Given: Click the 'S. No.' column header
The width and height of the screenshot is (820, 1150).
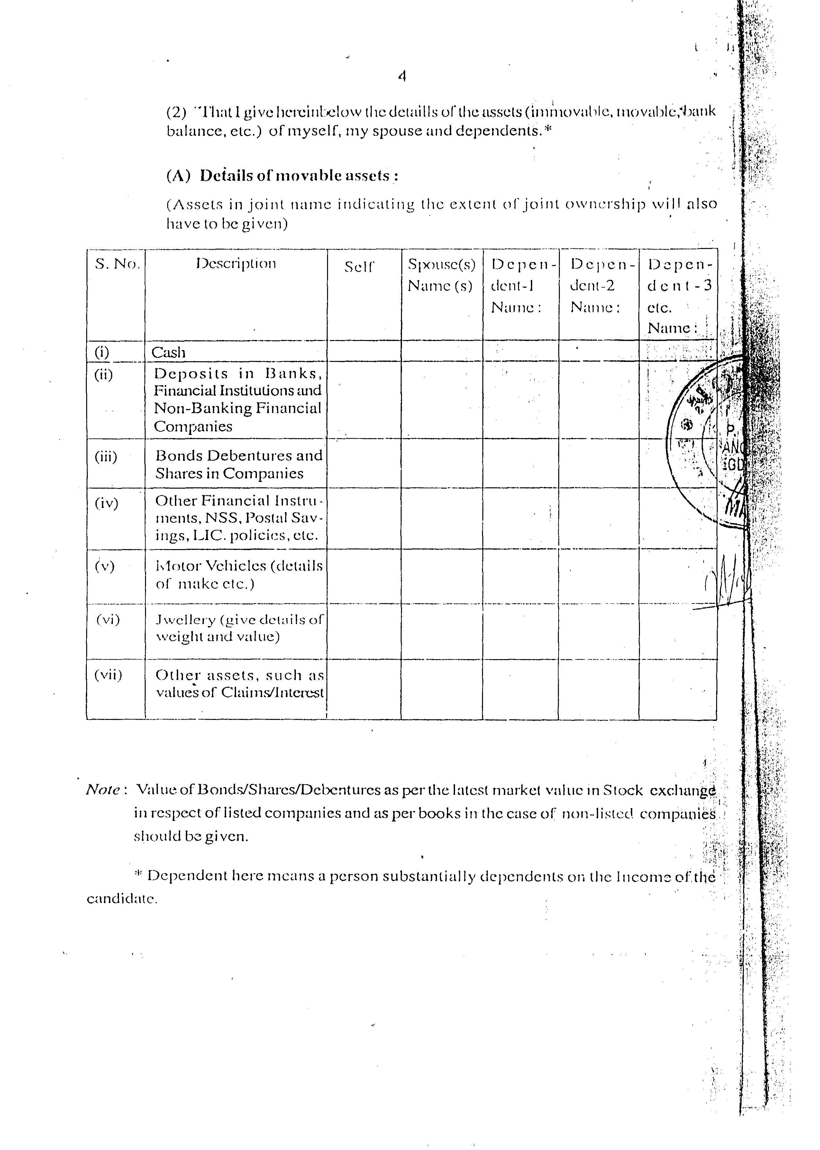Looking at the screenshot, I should pos(117,264).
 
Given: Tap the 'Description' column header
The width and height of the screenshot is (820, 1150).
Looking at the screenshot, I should pos(236,264).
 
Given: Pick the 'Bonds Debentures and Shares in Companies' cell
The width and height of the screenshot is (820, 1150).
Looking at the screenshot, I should pos(238,464).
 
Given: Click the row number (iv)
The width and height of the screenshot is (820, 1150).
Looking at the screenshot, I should pos(106,503).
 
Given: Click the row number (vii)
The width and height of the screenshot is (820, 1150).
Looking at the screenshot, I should pos(108,675).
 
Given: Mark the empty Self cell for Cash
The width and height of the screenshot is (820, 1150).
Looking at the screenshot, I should pos(364,351).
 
